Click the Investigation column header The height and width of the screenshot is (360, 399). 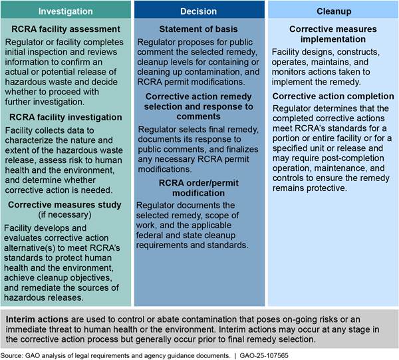pyautogui.click(x=66, y=11)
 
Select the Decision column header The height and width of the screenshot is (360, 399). pyautogui.click(x=199, y=11)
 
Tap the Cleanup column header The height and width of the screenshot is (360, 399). pyautogui.click(x=332, y=11)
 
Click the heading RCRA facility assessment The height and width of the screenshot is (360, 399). pyautogui.click(x=66, y=29)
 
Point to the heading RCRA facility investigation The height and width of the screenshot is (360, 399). pyautogui.click(x=66, y=118)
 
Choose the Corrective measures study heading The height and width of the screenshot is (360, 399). pyautogui.click(x=66, y=206)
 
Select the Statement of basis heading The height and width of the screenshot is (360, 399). pyautogui.click(x=199, y=29)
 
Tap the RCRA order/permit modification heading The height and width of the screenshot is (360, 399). pyautogui.click(x=199, y=188)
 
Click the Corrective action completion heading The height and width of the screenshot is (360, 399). pyautogui.click(x=333, y=96)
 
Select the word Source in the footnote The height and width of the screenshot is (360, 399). pyautogui.click(x=13, y=354)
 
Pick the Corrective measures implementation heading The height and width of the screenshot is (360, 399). pyautogui.click(x=333, y=35)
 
